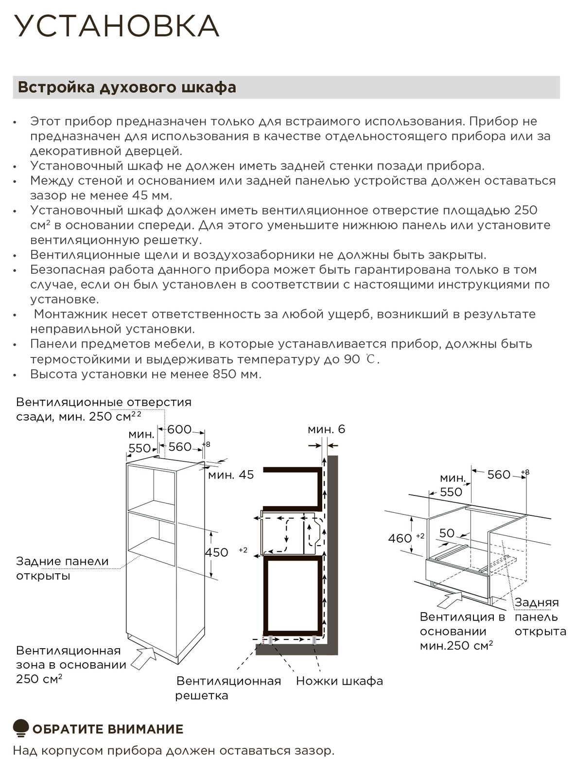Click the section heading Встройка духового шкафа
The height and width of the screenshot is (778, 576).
pos(127,88)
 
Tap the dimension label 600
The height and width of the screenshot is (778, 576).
pos(179,429)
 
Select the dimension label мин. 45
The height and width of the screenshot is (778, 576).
pos(231,475)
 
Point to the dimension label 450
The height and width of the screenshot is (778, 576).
pos(216,552)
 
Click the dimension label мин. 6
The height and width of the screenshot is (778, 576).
pos(326,429)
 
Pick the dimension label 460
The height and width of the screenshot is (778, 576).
pos(400,538)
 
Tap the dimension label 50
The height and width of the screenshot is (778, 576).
pos(447,533)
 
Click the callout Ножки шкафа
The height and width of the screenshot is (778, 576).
pos(339,681)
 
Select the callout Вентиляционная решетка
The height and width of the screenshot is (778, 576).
pos(228,688)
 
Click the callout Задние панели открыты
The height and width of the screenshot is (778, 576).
pos(62,568)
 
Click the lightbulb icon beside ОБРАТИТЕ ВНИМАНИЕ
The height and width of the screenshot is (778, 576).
pos(21,728)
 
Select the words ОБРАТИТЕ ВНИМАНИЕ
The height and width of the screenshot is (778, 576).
pos(108,729)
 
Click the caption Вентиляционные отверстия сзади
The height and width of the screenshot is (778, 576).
pos(104,409)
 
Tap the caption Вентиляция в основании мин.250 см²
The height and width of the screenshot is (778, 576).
pos(462,631)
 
